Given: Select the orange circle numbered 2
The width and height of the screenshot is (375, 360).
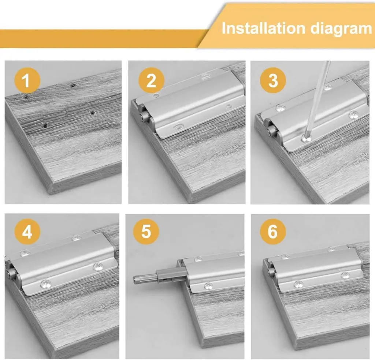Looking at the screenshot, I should click(x=151, y=80).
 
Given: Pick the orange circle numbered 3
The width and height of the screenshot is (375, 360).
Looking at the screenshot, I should click(x=273, y=80).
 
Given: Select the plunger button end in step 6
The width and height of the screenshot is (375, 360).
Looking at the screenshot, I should click(x=271, y=271).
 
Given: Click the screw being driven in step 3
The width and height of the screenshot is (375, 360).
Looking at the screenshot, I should click(x=304, y=138).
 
